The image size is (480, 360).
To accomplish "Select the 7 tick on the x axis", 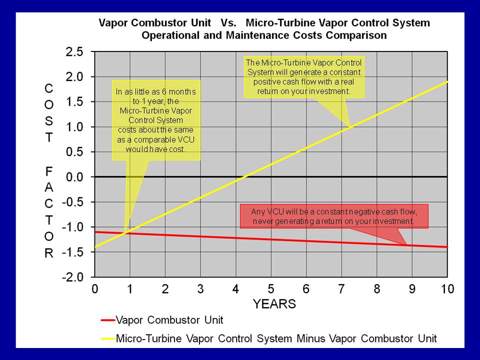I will [341, 289].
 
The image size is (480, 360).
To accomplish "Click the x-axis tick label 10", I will [447, 289].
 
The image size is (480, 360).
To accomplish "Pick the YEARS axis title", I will [274, 304].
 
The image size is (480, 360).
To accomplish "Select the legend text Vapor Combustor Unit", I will [169, 320].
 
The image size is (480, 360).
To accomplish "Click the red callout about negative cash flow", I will [334, 216].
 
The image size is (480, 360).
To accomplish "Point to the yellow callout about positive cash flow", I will [304, 77].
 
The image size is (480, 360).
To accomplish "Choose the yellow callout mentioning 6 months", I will [156, 120].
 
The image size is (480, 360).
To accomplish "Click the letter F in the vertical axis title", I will [48, 171].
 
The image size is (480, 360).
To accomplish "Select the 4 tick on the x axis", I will [236, 289].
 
